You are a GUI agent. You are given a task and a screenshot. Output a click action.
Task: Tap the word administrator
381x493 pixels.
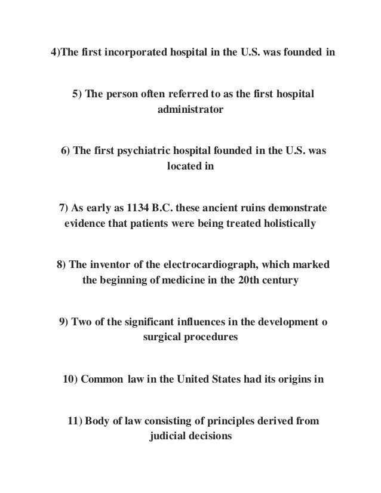190,110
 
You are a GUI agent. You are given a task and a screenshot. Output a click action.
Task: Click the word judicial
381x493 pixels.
168,436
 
